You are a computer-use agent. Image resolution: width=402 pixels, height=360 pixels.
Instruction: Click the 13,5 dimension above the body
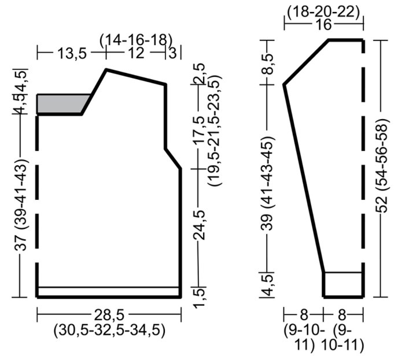point(72,54)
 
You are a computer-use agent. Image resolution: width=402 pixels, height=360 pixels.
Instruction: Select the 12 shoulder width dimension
point(136,53)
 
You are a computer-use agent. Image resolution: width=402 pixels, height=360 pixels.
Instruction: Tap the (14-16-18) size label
point(136,40)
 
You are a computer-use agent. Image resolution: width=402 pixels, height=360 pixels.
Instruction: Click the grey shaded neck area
point(61,103)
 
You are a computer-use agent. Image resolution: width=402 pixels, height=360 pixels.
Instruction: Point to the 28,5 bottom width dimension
point(109,315)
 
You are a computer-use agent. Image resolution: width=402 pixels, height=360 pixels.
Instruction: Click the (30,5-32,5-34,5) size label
point(109,331)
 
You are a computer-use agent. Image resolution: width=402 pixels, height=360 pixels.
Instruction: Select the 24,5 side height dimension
point(200,225)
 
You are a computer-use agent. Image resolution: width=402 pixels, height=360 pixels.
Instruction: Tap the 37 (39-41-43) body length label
point(21,205)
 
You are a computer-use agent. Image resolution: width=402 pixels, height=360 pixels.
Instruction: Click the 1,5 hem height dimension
point(200,297)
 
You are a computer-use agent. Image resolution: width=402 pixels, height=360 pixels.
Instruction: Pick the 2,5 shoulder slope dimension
point(200,74)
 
